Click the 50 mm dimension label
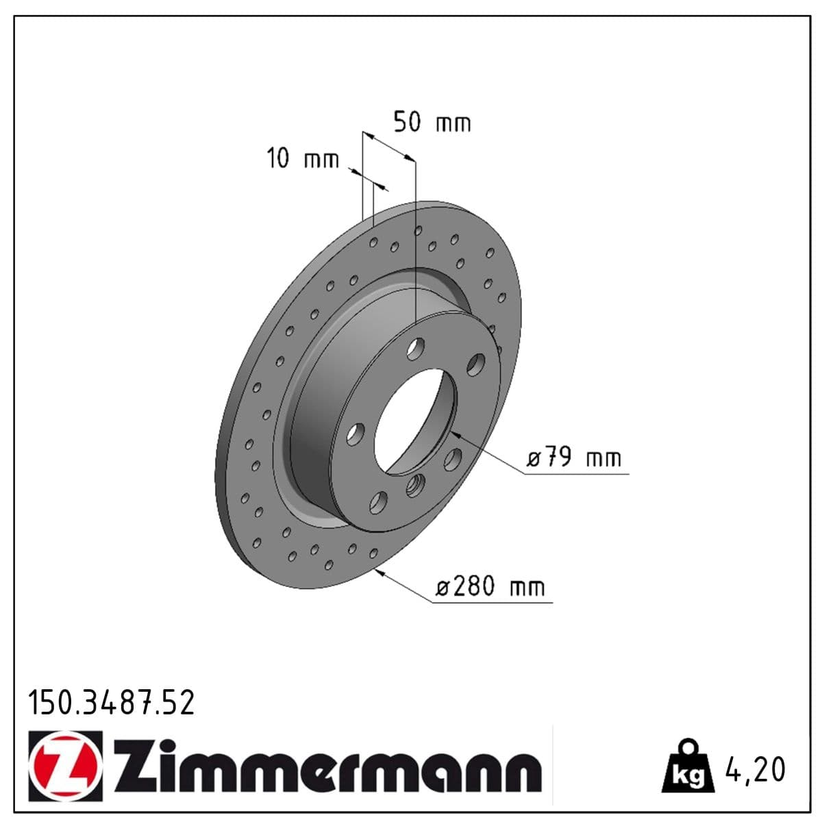click(x=432, y=123)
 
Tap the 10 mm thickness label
click(x=302, y=159)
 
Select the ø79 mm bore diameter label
click(x=574, y=457)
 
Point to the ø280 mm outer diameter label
click(x=490, y=587)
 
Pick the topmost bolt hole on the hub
click(x=416, y=349)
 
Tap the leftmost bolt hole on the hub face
click(x=356, y=434)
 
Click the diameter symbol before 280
click(x=443, y=588)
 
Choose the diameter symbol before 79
click(x=534, y=458)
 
